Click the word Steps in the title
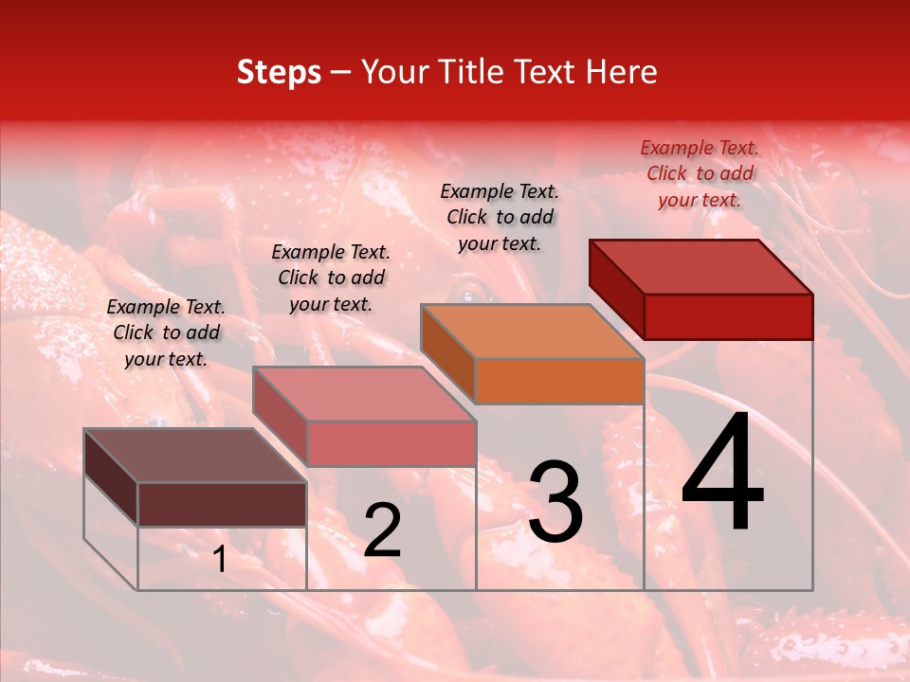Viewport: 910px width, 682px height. pyautogui.click(x=279, y=72)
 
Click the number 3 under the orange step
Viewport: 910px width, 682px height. pyautogui.click(x=555, y=502)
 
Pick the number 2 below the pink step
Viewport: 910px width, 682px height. pyautogui.click(x=383, y=531)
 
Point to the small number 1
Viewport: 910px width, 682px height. pyautogui.click(x=219, y=560)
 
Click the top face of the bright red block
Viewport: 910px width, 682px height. pyautogui.click(x=701, y=267)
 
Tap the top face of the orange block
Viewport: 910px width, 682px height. pyautogui.click(x=533, y=332)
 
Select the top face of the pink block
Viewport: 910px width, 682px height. pyautogui.click(x=364, y=394)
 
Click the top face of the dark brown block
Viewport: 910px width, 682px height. pyautogui.click(x=195, y=456)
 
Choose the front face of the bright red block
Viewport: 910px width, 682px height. pyautogui.click(x=728, y=316)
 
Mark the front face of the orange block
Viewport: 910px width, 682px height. pyautogui.click(x=559, y=381)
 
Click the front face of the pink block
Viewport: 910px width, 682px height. pyautogui.click(x=391, y=443)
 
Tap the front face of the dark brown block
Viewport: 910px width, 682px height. pyautogui.click(x=222, y=504)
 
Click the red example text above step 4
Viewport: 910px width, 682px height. pyautogui.click(x=700, y=173)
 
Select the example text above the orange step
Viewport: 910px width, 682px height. pyautogui.click(x=500, y=217)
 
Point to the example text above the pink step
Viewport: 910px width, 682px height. pyautogui.click(x=331, y=278)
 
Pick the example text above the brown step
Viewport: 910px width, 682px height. pyautogui.click(x=166, y=332)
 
